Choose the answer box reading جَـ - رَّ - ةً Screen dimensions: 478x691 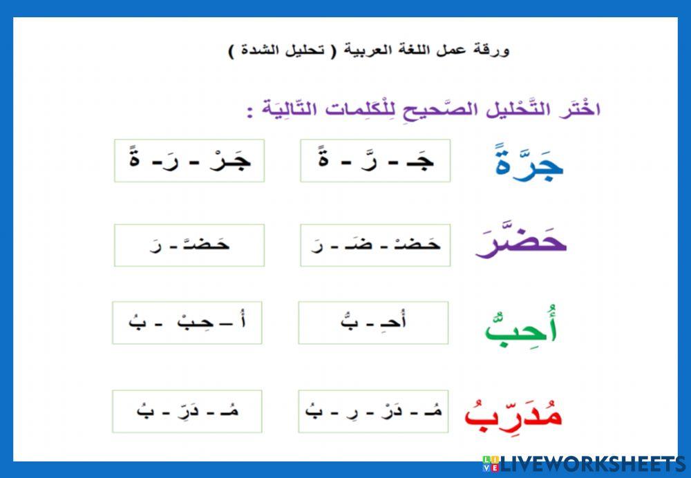[x=375, y=161]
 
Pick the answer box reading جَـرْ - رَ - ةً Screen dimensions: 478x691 [x=189, y=161]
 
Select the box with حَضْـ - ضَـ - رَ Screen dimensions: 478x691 [x=375, y=245]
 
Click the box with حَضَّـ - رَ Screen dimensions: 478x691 [x=189, y=245]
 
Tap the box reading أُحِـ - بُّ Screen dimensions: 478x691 [x=373, y=323]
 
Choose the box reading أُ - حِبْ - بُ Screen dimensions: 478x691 [x=187, y=323]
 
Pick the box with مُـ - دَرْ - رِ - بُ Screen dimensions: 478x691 [x=373, y=411]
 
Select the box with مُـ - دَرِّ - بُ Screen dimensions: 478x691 [x=187, y=411]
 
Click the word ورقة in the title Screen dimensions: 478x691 [x=495, y=51]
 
